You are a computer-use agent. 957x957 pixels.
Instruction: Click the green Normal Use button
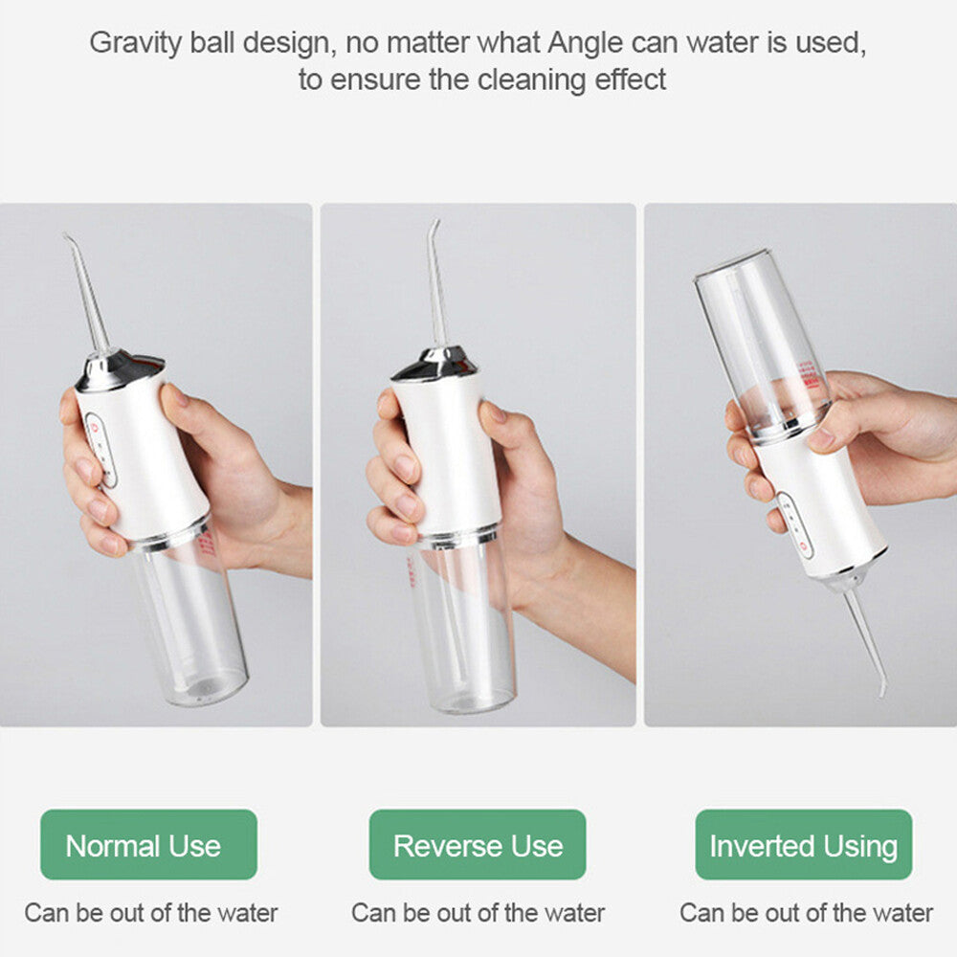coord(148,845)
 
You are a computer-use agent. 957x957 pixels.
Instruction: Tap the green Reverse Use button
coord(478,845)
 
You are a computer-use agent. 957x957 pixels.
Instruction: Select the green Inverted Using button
coord(804,845)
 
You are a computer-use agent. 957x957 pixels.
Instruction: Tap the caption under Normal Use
coord(151,912)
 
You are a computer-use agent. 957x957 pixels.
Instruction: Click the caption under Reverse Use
coord(478,912)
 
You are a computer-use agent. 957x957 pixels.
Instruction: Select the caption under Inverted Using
coord(806,912)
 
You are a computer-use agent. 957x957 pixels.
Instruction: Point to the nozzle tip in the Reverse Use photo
coord(437,224)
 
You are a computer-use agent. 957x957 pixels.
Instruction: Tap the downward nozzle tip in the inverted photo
coord(881,690)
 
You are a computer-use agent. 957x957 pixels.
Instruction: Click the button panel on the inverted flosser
coord(795,524)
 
